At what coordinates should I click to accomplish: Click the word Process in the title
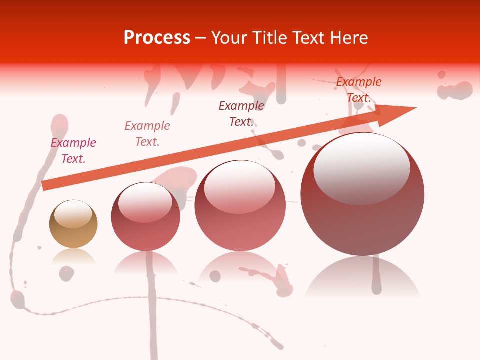click(157, 38)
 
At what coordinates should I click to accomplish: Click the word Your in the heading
click(230, 38)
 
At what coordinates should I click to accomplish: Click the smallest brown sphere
click(73, 224)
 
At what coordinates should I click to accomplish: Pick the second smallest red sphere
click(145, 216)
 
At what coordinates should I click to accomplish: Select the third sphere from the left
click(240, 205)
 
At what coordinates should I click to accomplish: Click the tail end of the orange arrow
click(43, 185)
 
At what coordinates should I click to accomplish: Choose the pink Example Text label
click(73, 151)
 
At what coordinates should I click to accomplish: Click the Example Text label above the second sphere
click(147, 134)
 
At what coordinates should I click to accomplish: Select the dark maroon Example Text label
click(241, 113)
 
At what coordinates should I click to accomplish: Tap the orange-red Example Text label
click(358, 90)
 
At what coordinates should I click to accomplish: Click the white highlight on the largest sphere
click(361, 167)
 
